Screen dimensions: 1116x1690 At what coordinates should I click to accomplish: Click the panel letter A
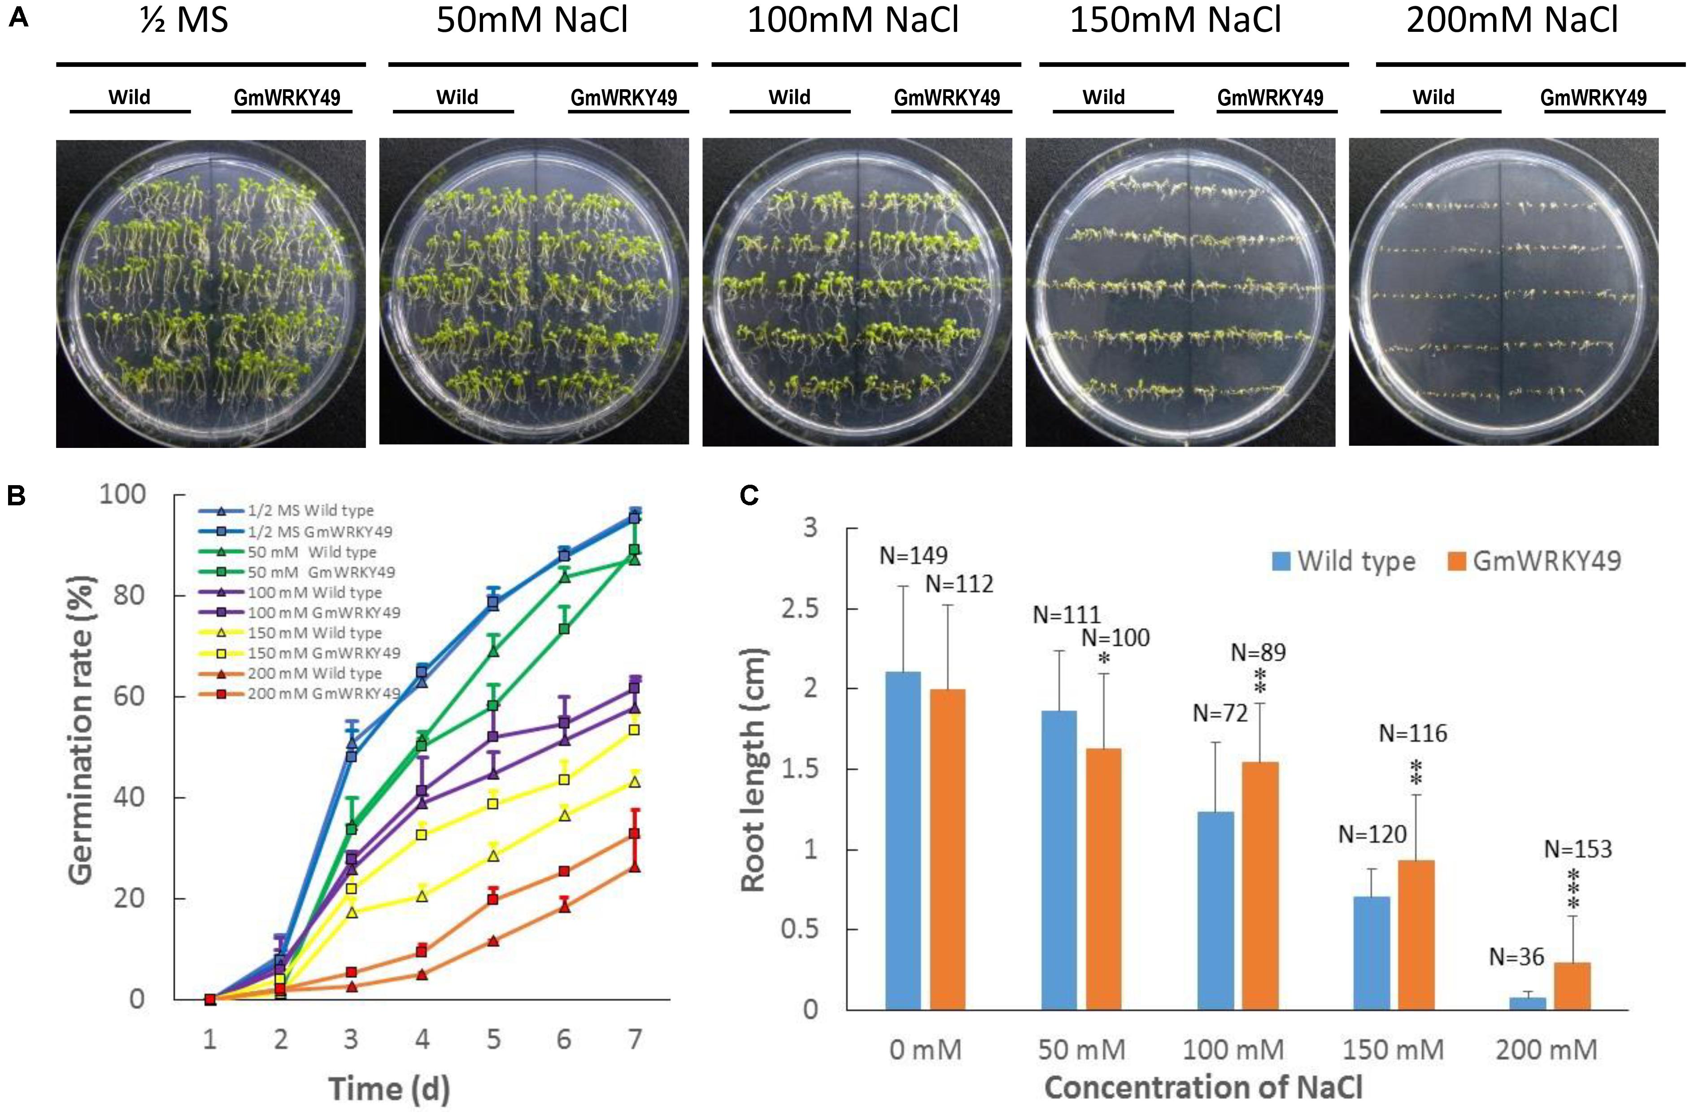coord(18,17)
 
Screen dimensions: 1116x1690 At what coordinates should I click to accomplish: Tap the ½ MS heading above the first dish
coord(184,20)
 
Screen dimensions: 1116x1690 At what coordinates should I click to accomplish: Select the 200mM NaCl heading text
coord(1512,20)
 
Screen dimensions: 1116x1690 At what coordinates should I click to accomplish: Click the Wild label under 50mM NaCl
coord(457,97)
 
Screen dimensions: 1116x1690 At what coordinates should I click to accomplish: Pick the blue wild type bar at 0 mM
coord(903,840)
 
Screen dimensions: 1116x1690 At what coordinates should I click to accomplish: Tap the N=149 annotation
coord(913,555)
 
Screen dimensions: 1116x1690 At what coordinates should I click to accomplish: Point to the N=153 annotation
coord(1577,849)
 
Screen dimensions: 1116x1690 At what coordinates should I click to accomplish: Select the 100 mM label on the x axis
coord(1233,1050)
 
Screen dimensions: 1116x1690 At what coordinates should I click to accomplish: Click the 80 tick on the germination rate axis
coord(130,595)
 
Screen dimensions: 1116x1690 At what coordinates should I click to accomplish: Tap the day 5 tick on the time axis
coord(492,1040)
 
